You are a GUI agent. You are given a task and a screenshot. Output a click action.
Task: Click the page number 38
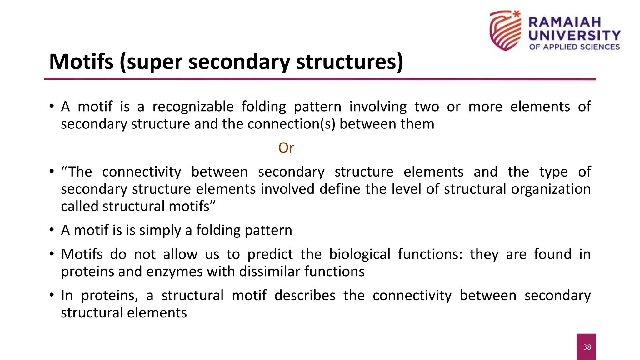tap(587, 347)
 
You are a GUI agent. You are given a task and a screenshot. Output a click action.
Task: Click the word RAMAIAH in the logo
tap(565, 22)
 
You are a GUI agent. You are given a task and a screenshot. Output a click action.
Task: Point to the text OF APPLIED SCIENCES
tap(574, 47)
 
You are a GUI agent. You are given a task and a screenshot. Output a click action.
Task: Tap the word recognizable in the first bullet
tap(193, 107)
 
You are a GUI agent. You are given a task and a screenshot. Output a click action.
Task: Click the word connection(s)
tap(291, 124)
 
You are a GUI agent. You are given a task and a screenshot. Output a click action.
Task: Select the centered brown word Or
tap(286, 148)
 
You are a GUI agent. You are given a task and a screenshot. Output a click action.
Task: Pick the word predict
tap(270, 254)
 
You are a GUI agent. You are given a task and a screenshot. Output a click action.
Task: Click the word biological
tap(360, 254)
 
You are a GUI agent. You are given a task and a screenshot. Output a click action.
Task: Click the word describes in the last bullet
tap(305, 296)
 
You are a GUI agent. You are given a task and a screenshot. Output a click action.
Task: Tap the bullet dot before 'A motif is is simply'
tap(52, 230)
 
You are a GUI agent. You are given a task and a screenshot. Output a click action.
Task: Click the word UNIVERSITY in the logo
tap(574, 35)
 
